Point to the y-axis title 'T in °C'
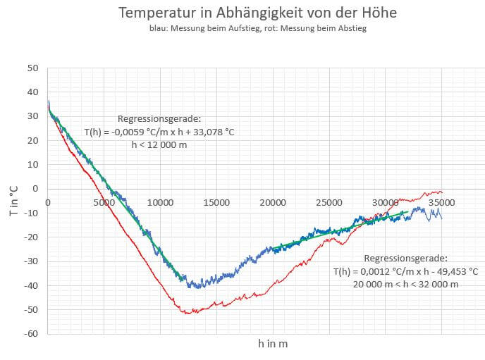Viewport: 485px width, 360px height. [13, 201]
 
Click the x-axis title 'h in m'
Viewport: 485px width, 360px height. [273, 344]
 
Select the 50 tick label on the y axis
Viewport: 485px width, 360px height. [32, 68]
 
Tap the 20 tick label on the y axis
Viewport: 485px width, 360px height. [32, 141]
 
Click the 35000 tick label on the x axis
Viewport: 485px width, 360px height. [441, 203]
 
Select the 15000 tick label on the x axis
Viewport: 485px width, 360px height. [216, 203]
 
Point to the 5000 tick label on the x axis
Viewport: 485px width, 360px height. [104, 203]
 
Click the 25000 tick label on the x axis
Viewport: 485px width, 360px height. [329, 203]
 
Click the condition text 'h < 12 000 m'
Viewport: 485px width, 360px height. [159, 144]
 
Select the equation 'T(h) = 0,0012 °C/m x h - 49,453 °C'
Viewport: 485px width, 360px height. [405, 271]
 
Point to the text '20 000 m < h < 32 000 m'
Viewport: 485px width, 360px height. [405, 284]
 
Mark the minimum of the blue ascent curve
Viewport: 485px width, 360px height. [198, 287]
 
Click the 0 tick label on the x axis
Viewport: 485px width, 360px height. [47, 203]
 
